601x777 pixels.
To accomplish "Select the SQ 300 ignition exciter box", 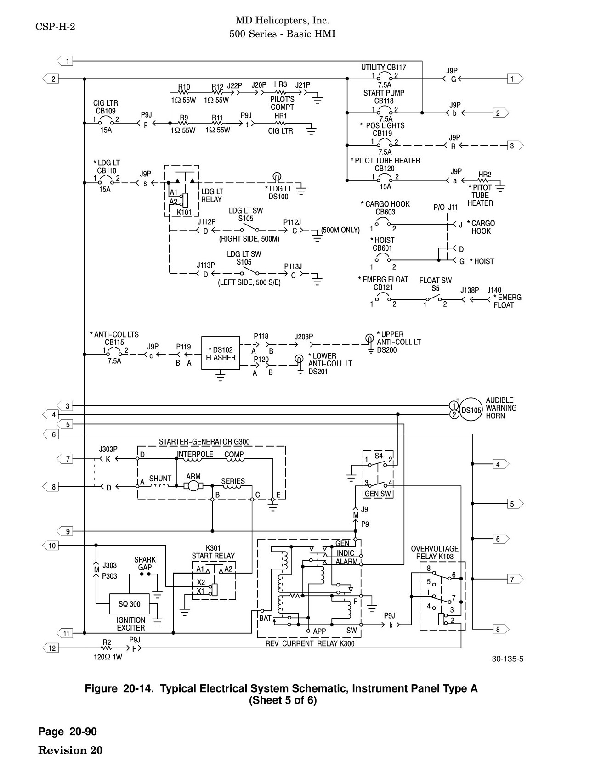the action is (x=130, y=604).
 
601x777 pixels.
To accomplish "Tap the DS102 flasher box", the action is (x=221, y=354).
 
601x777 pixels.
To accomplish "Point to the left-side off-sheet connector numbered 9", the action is (x=65, y=531).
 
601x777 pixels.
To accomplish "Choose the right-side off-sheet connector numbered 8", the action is (x=501, y=630).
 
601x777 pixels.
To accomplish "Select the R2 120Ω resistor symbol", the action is (x=107, y=648).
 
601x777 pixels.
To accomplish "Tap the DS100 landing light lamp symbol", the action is (x=277, y=176).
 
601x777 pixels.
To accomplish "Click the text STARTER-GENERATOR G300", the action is (x=204, y=442).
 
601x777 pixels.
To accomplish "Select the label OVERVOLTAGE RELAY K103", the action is (x=435, y=552).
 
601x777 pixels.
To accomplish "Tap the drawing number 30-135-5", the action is (x=508, y=659).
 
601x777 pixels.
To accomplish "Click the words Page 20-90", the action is (x=68, y=732).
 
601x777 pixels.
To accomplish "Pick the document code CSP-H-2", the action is (x=55, y=27).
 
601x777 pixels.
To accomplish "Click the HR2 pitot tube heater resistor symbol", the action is (x=485, y=180).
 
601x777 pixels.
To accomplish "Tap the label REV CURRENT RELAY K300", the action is (x=310, y=643).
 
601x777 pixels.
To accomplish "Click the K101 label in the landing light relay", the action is (x=184, y=213).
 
